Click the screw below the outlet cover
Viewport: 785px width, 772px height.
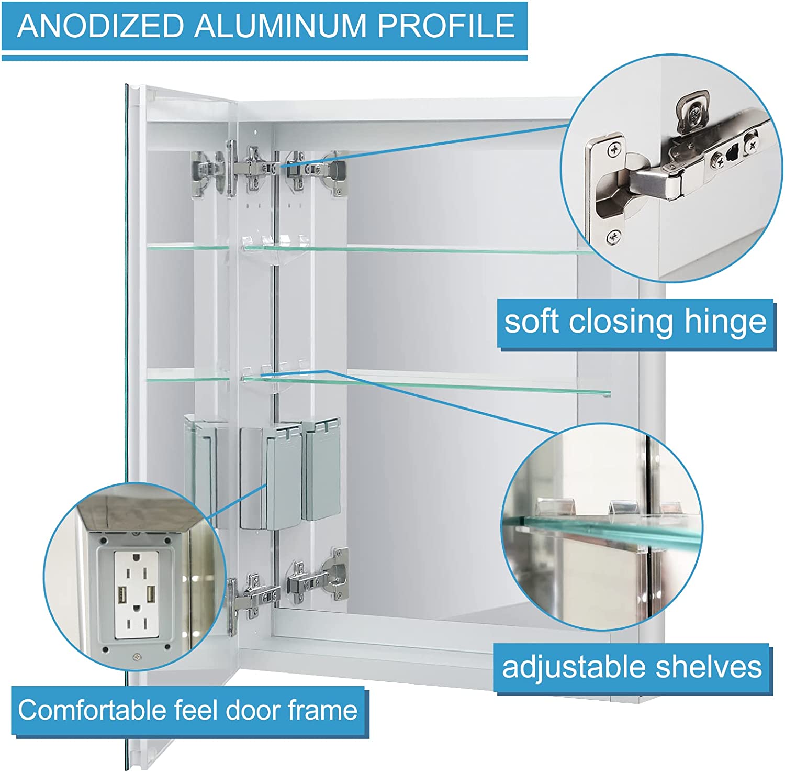(x=137, y=655)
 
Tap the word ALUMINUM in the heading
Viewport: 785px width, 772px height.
(x=282, y=26)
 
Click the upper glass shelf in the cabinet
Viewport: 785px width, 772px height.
(x=419, y=249)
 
